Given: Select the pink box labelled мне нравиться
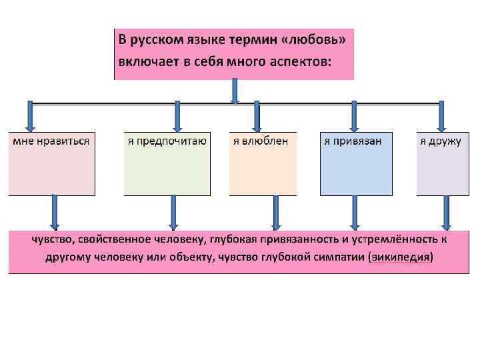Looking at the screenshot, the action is (x=51, y=163).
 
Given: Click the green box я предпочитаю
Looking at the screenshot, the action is (x=167, y=163).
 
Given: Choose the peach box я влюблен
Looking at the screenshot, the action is (x=263, y=163).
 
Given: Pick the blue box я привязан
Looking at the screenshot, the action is (x=356, y=163).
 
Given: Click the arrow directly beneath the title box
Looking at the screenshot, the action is (x=235, y=91).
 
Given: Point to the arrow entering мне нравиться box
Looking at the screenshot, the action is (x=31, y=116).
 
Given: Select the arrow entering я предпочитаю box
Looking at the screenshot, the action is (x=177, y=116).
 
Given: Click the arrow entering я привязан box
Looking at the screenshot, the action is (x=354, y=116).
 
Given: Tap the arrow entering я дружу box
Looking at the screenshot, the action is (x=441, y=116).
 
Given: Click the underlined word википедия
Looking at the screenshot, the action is (x=400, y=257).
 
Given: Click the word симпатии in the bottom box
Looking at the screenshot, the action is (x=337, y=257).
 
